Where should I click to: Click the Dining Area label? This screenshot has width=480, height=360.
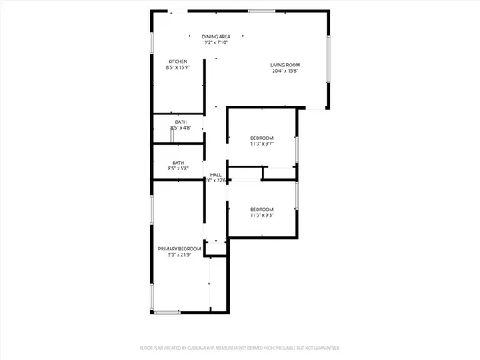click(x=216, y=37)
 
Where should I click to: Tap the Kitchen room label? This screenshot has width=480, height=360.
click(x=178, y=62)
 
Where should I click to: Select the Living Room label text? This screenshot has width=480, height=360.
click(x=286, y=64)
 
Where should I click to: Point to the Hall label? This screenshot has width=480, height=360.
click(x=216, y=174)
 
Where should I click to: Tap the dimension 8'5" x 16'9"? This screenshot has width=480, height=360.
click(x=178, y=68)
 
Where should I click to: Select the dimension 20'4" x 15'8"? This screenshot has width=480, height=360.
click(x=286, y=70)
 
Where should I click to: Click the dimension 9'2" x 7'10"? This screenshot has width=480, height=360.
click(x=216, y=42)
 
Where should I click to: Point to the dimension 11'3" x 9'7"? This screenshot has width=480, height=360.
click(x=262, y=144)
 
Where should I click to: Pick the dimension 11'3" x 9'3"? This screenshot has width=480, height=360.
click(x=262, y=215)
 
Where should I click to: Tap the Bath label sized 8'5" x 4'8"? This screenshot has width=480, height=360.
click(x=182, y=122)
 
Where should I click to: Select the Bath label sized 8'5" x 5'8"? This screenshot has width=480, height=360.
click(x=178, y=162)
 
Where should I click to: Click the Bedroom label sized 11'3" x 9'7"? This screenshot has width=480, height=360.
click(x=262, y=138)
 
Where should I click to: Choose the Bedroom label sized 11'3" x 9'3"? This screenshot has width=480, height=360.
click(x=262, y=209)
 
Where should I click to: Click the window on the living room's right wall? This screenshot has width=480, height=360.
click(x=328, y=60)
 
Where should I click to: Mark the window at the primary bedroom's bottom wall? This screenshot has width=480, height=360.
click(x=168, y=312)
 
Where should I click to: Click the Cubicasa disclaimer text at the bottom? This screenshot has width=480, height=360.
click(x=240, y=348)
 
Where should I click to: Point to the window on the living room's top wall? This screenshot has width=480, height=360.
click(x=261, y=10)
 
